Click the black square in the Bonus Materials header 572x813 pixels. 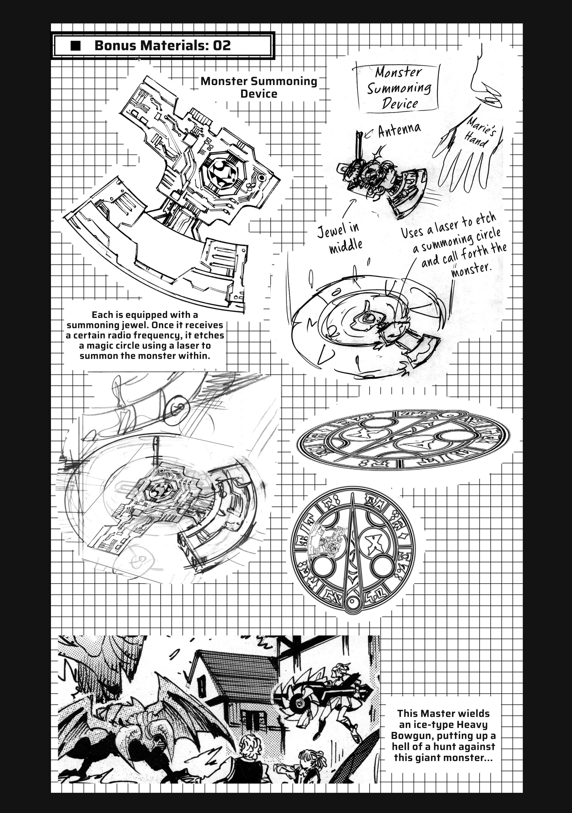coord(76,46)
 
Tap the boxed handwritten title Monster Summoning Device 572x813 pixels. coord(398,88)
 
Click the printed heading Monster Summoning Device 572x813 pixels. coord(259,87)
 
